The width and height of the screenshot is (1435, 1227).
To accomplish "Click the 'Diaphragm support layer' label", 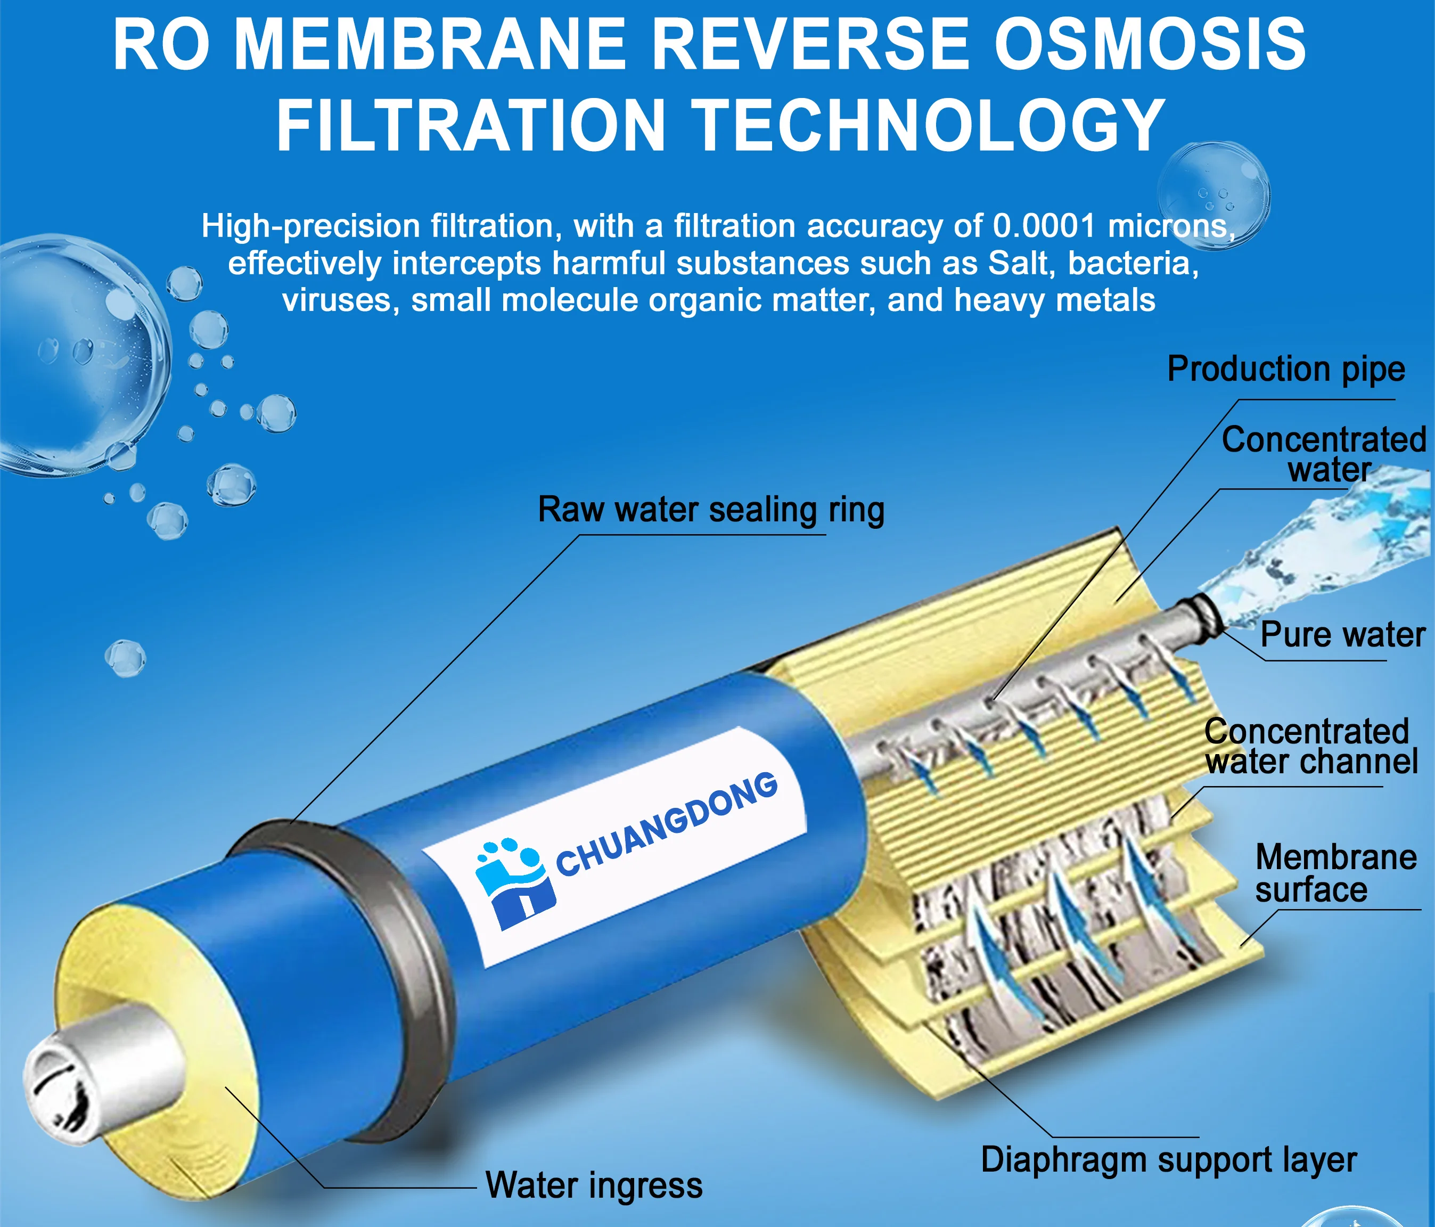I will point(1168,1159).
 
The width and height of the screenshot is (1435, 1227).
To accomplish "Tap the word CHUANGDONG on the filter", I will point(667,824).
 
